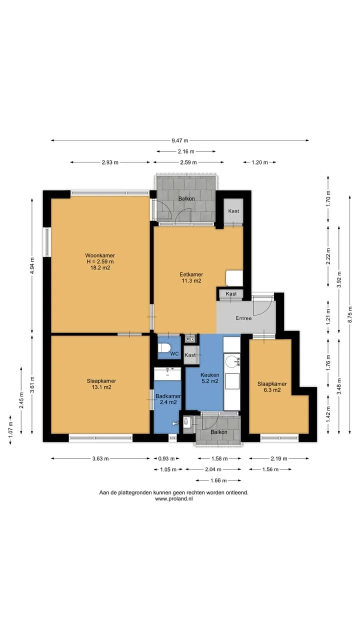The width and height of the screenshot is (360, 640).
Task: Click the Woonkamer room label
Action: point(100,261)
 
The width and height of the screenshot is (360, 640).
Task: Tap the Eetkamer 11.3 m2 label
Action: point(191,277)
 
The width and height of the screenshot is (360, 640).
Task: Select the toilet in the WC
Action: point(164,347)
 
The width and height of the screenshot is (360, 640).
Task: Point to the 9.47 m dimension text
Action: point(179,140)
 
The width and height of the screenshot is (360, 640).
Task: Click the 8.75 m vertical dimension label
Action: point(350,314)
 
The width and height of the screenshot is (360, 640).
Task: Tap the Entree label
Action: point(243,318)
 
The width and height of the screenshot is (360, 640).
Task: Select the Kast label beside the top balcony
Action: point(233,211)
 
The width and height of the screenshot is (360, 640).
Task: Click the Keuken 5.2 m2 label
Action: point(209,377)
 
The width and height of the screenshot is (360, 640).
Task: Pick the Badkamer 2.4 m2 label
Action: point(168,399)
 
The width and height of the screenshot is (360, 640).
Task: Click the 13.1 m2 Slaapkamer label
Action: point(101,384)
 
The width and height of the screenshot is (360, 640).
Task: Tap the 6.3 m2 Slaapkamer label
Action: point(272,387)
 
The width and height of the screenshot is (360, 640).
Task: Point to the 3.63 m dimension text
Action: point(100,458)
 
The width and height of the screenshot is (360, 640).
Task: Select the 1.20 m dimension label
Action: point(259,162)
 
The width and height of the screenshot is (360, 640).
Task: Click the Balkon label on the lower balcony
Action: point(219,432)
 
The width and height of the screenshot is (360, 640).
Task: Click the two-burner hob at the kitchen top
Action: point(190,339)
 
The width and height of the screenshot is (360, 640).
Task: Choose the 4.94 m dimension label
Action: point(32,265)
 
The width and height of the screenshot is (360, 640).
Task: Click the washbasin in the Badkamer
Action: point(167,374)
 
